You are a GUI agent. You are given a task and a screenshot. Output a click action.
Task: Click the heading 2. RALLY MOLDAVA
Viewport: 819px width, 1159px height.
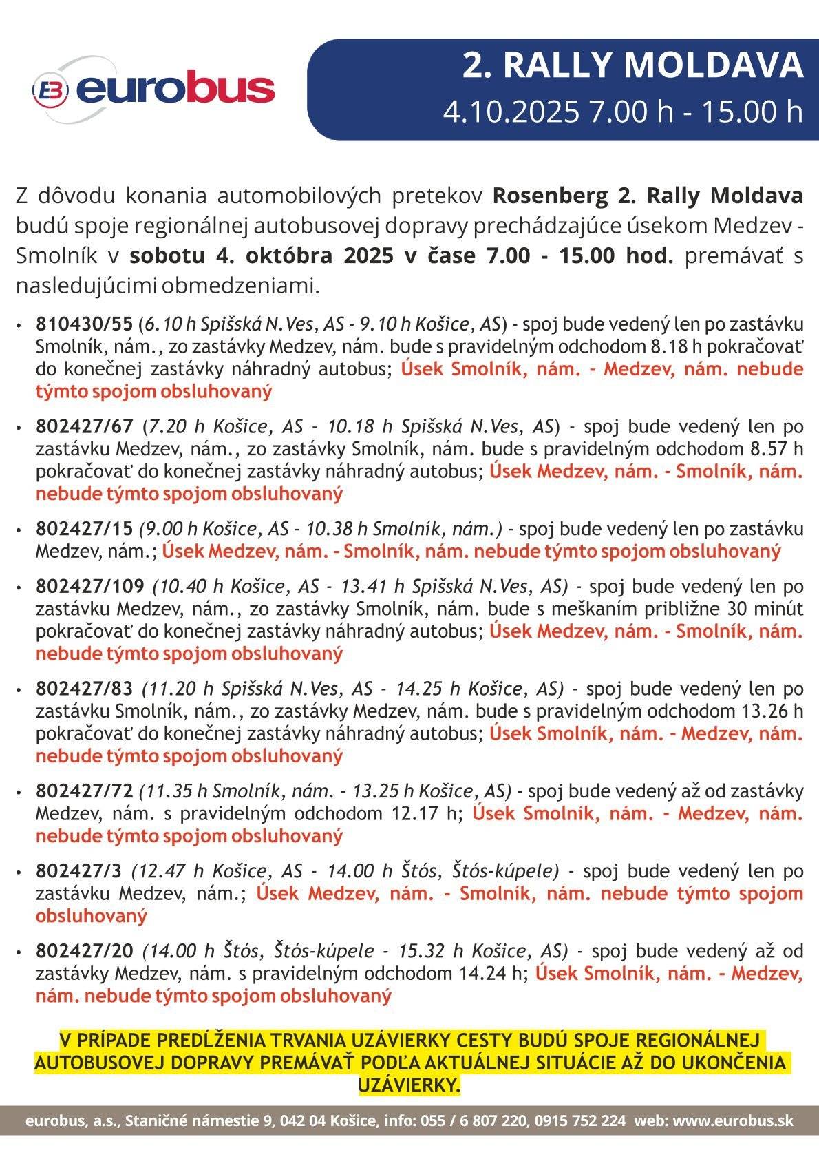(x=632, y=66)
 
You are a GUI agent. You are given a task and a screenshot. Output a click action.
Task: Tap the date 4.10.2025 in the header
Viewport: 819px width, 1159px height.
(x=511, y=112)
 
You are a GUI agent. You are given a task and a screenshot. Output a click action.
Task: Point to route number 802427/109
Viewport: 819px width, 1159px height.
(x=90, y=586)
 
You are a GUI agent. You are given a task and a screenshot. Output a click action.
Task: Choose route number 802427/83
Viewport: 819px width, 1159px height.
(x=85, y=688)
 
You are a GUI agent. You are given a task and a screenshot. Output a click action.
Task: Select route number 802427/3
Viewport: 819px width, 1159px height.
(x=78, y=870)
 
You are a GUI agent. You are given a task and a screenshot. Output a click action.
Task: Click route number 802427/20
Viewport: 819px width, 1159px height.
(x=84, y=951)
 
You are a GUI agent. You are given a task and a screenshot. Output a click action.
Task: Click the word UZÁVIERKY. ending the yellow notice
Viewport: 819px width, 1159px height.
(x=409, y=1086)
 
